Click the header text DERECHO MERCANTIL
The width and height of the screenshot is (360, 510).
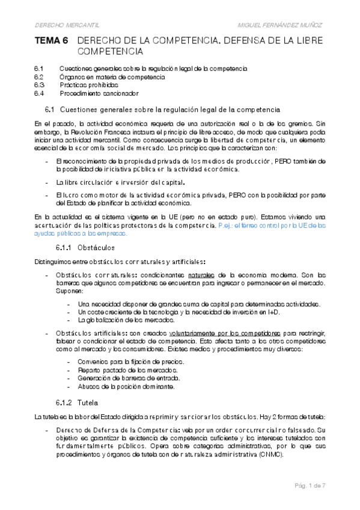coord(67,25)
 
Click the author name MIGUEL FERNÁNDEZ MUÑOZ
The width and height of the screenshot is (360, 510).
coord(280,25)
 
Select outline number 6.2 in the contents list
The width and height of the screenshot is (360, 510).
coord(39,77)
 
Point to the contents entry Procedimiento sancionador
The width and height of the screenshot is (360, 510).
coord(99,93)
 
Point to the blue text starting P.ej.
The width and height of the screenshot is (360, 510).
coord(270,224)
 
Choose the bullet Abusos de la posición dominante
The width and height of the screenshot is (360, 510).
coord(126,387)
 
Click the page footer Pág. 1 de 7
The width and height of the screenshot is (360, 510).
coord(309,485)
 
